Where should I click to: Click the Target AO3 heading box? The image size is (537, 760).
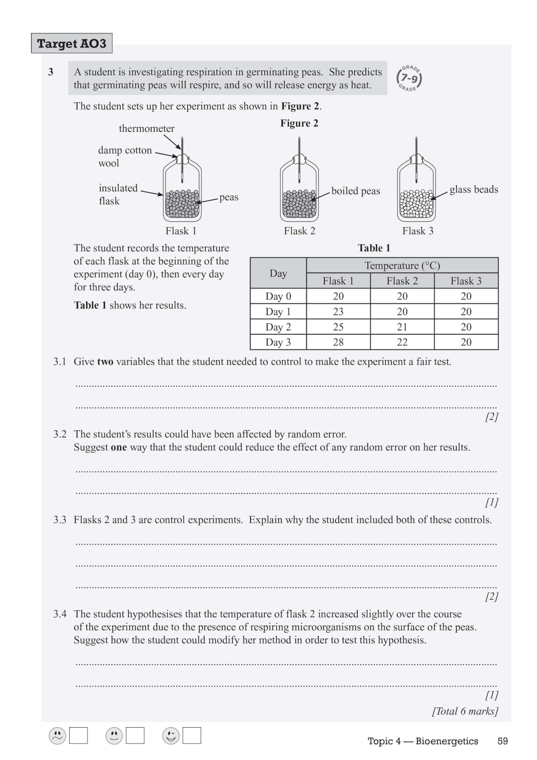coord(72,43)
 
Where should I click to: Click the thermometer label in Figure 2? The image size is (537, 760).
coord(146,129)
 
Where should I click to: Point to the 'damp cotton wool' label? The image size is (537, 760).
coord(124,156)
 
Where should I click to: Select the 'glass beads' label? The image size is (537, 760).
coord(474,189)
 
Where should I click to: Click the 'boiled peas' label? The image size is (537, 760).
coord(356,191)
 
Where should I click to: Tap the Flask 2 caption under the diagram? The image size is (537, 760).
coord(299,231)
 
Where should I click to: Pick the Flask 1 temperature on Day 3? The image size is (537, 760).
coord(338,342)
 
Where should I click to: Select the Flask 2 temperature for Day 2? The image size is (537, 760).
coord(402,327)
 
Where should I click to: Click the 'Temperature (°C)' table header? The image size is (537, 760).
coord(402,265)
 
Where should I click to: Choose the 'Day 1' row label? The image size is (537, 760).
coord(278,312)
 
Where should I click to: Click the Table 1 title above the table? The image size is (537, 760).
coord(374,248)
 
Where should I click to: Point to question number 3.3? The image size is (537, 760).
coord(60,520)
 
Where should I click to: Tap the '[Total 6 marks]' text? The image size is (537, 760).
coord(465,711)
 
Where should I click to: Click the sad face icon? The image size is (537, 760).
coord(57,736)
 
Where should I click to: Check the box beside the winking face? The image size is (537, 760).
coord(192,735)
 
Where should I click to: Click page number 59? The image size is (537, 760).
coord(502,741)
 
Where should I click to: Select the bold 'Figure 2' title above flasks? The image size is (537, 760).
coord(299,123)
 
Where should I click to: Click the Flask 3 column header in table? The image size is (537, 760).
coord(466,281)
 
